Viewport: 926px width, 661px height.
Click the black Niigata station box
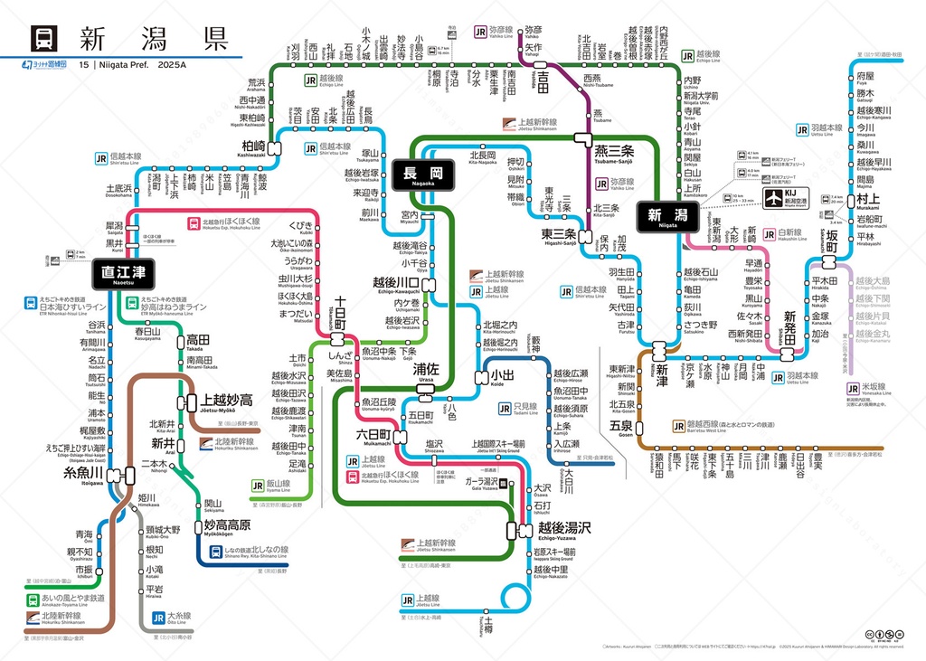[666, 215]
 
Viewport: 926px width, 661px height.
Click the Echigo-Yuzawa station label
[564, 527]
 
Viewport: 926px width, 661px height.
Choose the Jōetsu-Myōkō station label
[226, 401]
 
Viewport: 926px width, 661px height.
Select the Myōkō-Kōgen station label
[226, 525]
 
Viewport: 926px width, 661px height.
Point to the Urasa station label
[426, 371]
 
